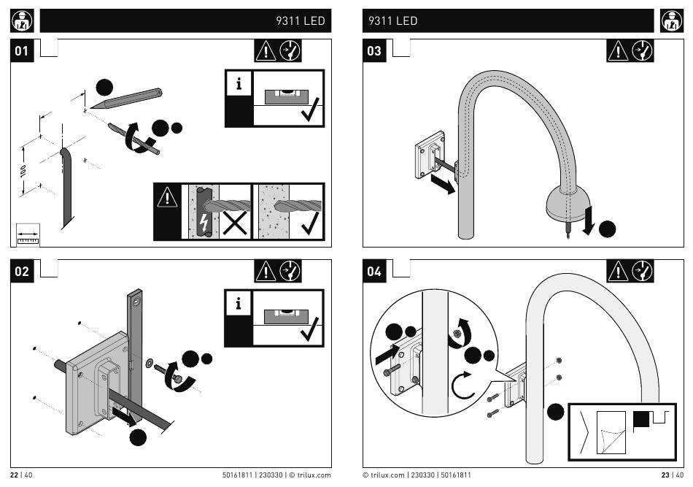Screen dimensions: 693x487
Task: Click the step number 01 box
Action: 22,50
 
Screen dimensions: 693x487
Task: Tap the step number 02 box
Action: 22,271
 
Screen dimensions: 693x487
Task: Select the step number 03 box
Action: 374,50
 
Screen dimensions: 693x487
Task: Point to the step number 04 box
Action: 374,271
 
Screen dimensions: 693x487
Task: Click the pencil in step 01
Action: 126,99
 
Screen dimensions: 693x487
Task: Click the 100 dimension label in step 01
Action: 23,171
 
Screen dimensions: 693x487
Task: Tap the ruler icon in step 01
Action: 28,235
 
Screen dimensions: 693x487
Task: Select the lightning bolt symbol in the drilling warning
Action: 204,223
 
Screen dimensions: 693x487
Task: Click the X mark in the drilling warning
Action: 235,223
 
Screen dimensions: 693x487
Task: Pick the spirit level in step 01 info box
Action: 287,97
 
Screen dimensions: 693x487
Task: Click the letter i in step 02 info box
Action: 239,304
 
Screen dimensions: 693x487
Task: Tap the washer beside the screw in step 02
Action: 150,363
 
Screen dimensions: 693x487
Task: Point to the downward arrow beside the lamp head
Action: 588,221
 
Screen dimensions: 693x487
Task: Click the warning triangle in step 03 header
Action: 618,51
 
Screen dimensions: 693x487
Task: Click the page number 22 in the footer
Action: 14,475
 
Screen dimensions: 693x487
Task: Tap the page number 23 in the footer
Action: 665,475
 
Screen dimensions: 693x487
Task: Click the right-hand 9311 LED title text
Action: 393,20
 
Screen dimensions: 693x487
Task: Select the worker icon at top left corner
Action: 22,20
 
